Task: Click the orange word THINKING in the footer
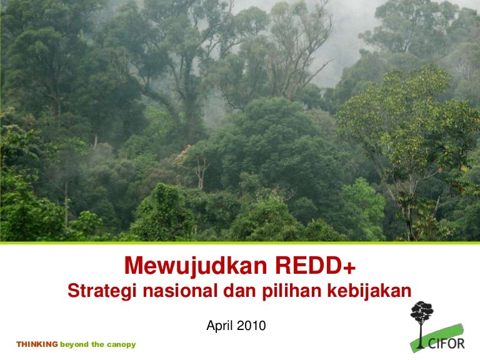[x=37, y=344]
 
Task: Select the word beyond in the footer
[x=74, y=344]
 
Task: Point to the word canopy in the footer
[x=121, y=344]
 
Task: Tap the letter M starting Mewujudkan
[x=133, y=266]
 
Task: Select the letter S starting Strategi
[x=72, y=291]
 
